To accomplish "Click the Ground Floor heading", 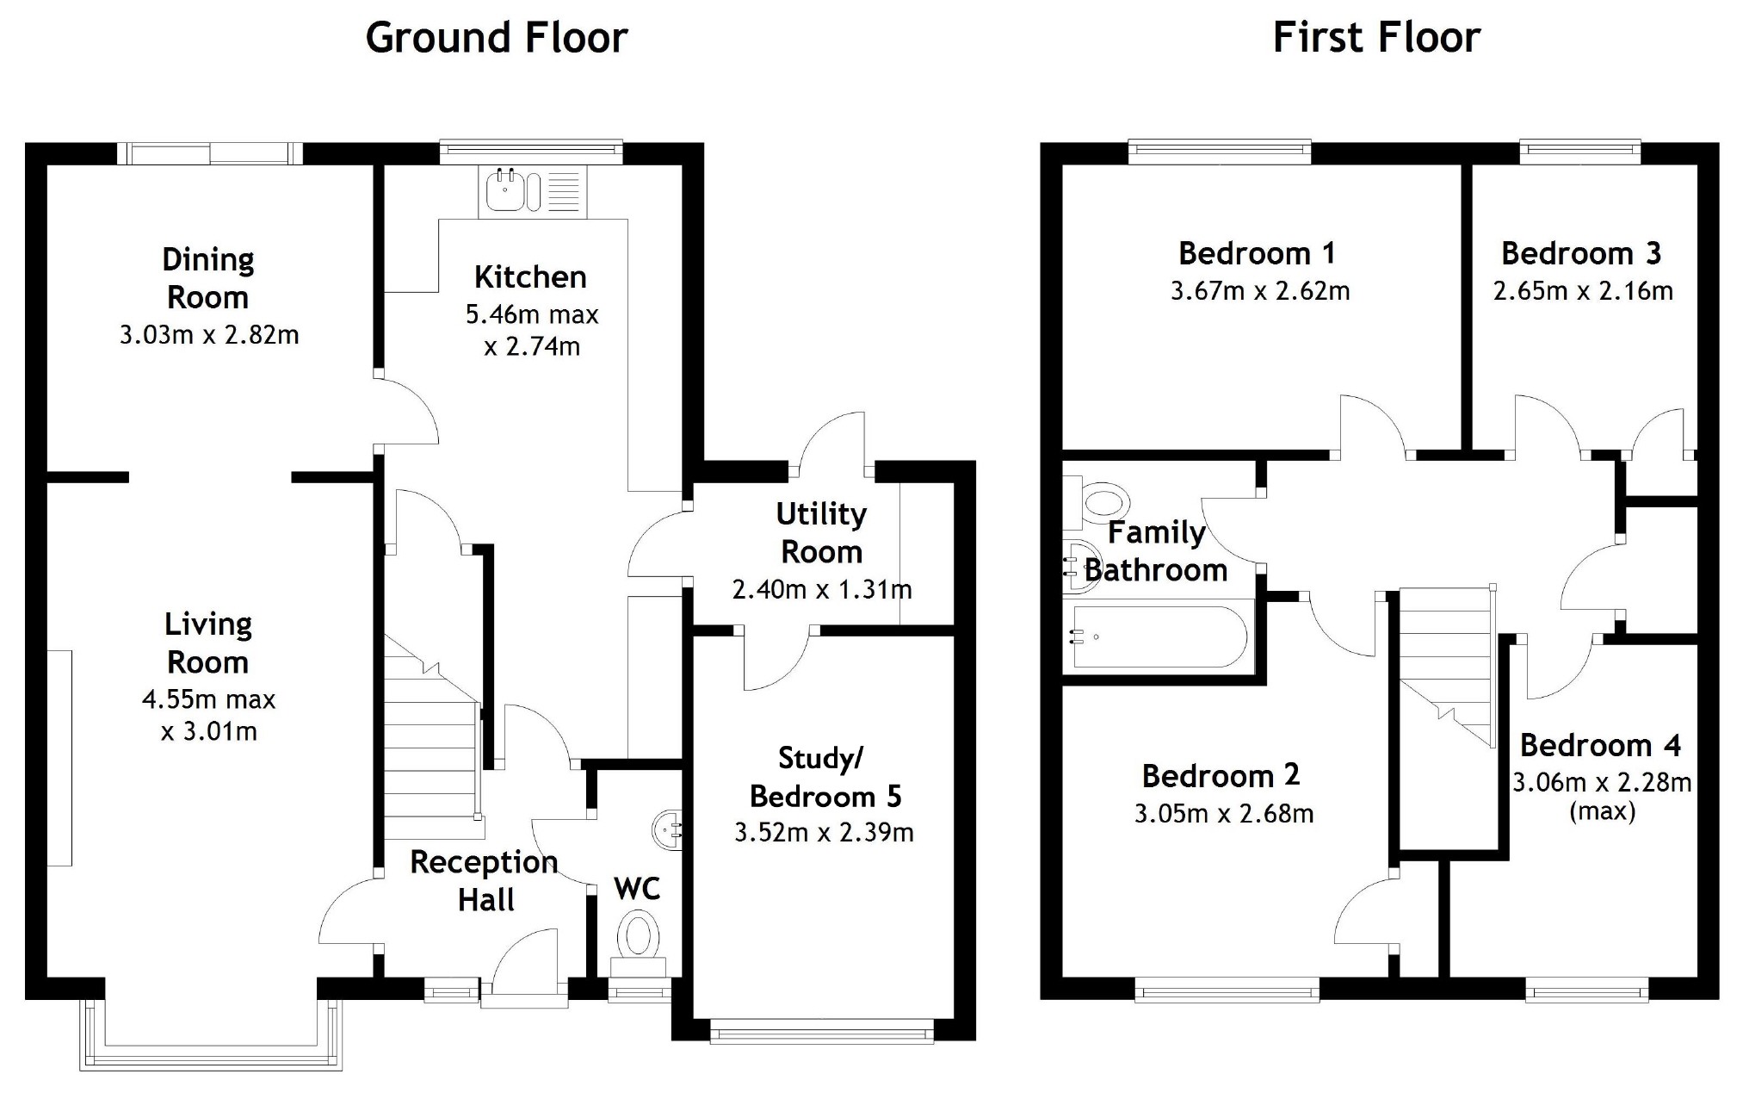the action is (497, 38).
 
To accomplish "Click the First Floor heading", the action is (1376, 38).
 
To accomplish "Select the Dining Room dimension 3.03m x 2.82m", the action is (209, 334).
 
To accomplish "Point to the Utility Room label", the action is (821, 532).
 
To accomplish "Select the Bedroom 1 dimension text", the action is (1260, 291).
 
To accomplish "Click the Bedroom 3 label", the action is (1581, 253).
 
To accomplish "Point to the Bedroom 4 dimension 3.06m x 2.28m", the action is (1602, 783).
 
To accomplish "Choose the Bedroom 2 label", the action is (1221, 776).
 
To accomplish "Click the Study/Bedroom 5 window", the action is (821, 1031).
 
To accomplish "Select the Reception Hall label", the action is (485, 880).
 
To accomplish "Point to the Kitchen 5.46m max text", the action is (532, 314).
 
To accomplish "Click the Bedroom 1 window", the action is (1220, 152).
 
